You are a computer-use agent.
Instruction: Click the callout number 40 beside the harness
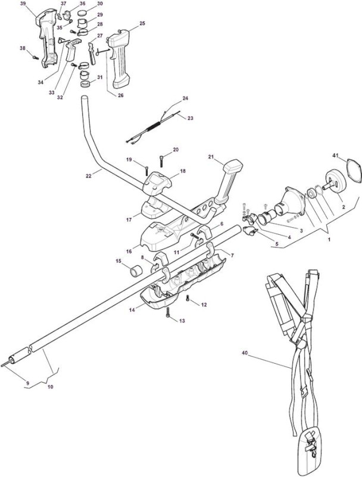click(x=245, y=353)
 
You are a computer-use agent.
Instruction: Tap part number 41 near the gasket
click(x=335, y=155)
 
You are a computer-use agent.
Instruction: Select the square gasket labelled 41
click(x=354, y=171)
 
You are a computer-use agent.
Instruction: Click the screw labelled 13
click(x=167, y=312)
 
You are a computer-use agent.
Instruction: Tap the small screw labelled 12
click(x=188, y=299)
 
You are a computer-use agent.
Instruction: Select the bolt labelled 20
click(x=162, y=160)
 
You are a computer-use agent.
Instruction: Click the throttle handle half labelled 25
click(x=120, y=58)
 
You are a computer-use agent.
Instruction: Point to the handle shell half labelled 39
click(x=47, y=38)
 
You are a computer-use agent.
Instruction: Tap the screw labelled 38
click(x=36, y=57)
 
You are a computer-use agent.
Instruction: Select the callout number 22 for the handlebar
click(x=88, y=176)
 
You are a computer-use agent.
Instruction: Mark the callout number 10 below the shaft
click(x=51, y=387)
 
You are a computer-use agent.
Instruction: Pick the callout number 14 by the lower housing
click(x=132, y=310)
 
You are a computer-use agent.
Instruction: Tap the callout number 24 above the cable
click(x=185, y=98)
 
